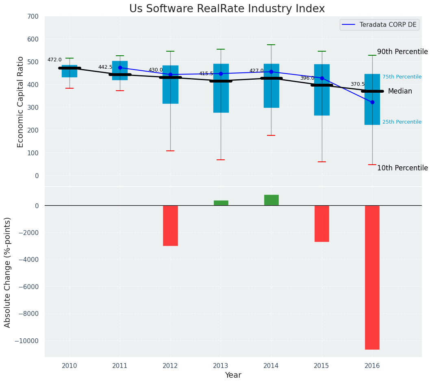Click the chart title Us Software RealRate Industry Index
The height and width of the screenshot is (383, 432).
tap(227, 9)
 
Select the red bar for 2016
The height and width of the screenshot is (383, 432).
tap(372, 277)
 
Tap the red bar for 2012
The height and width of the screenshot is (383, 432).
tap(170, 225)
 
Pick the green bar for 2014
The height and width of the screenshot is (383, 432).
tap(271, 200)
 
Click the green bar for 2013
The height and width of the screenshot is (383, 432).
tap(221, 203)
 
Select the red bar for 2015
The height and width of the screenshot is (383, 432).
tap(321, 223)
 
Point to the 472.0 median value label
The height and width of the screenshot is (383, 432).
tap(54, 60)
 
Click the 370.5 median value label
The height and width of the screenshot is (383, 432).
tap(358, 84)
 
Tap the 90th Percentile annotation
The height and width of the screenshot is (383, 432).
tap(402, 52)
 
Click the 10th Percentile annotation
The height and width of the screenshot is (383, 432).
tap(402, 168)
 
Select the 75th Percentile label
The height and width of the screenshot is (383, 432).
tap(402, 77)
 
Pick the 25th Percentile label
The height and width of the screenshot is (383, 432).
tap(402, 122)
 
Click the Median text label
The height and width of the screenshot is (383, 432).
tap(400, 91)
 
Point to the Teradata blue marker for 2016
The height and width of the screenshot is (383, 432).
tap(372, 102)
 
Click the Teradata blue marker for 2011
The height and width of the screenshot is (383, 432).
tap(120, 67)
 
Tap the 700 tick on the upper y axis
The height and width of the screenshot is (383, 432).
tap(33, 17)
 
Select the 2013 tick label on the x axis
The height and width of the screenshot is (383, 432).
tap(221, 366)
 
